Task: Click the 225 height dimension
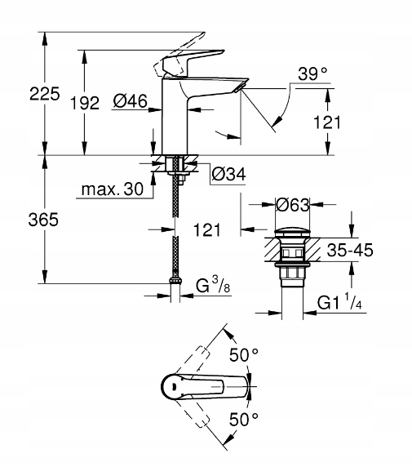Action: tap(45, 94)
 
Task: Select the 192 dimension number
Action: tap(85, 103)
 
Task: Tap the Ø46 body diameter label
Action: tap(130, 101)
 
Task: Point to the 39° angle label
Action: tap(312, 73)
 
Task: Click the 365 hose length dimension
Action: tap(43, 220)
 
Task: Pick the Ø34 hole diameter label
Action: tap(229, 174)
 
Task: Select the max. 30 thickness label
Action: tap(113, 189)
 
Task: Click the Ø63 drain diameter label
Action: tap(293, 205)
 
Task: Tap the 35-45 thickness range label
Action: tap(350, 250)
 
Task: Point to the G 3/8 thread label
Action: tap(213, 285)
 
